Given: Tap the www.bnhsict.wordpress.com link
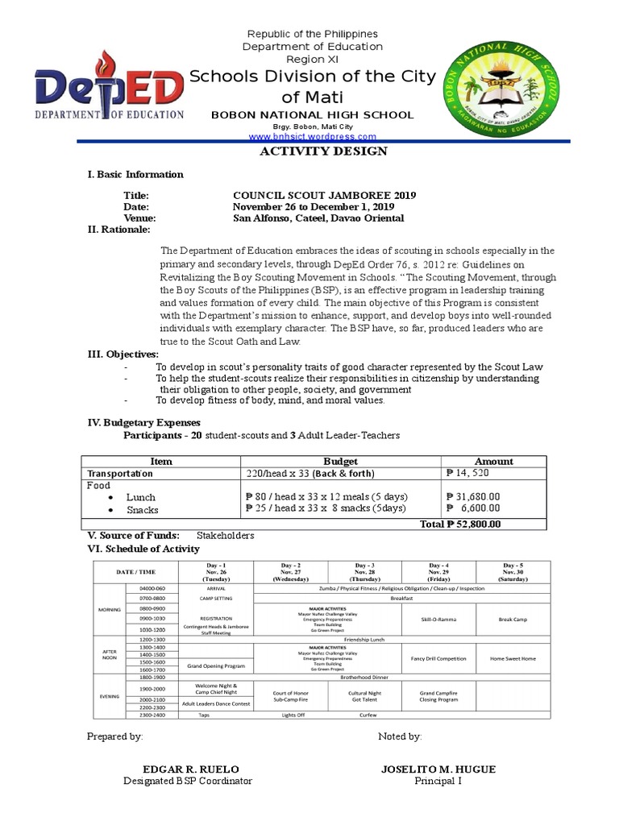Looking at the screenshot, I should point(312,138).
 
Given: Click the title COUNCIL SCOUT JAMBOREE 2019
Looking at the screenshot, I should point(324,196).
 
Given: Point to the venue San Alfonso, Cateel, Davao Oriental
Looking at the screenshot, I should point(318,218).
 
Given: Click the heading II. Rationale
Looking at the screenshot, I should point(118,230).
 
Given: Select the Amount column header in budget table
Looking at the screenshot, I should point(493,461).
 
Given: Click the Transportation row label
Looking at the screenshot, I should point(120,474).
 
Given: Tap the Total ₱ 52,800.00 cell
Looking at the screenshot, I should point(460,523).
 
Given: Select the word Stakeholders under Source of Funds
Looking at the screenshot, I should point(226,535).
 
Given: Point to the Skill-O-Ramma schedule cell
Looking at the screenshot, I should point(438,619).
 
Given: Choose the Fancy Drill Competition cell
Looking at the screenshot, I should point(438,658).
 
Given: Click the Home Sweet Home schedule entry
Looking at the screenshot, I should point(512,658).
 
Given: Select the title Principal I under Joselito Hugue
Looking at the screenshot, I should point(438,781).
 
